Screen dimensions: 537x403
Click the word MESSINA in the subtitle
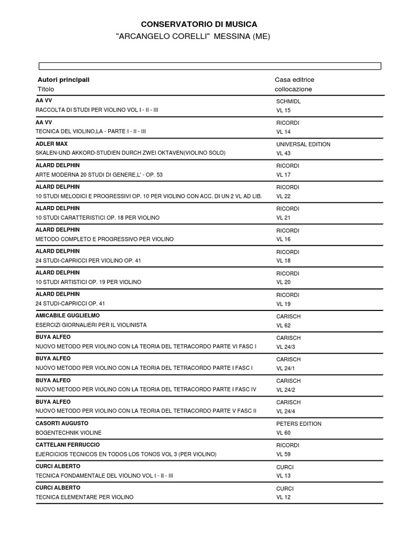point(225,37)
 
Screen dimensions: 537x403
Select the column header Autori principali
point(63,80)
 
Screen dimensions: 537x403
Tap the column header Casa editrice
point(294,80)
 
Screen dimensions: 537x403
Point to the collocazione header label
point(293,89)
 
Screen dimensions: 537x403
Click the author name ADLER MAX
point(51,144)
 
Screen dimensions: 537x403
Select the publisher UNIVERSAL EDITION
point(303,144)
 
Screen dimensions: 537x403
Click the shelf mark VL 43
point(283,153)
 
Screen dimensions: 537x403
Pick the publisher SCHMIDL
point(289,101)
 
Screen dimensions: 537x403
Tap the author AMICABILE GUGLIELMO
point(67,316)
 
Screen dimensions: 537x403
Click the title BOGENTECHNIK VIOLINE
point(69,433)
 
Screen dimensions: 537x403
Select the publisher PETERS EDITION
point(298,424)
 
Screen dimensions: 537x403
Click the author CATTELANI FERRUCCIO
point(68,445)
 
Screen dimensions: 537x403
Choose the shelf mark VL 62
point(283,325)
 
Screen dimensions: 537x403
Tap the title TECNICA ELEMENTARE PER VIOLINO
point(84,497)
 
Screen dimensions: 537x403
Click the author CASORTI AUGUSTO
point(62,423)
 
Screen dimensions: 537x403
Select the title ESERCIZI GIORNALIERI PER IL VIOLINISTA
point(91,325)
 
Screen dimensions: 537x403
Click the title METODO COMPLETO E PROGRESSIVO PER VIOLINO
point(104,239)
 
